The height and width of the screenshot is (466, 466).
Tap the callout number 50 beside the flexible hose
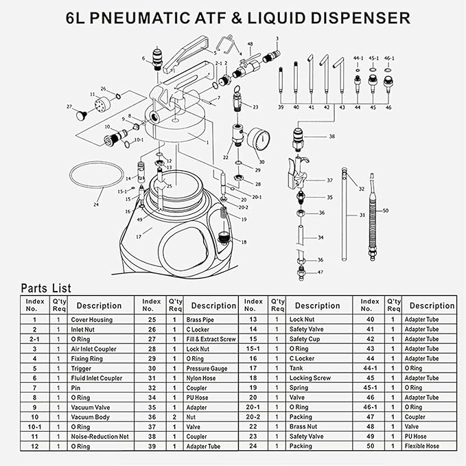[385, 210]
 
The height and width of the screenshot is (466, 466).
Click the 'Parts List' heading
[45, 288]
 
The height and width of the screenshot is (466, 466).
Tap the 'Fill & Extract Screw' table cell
[211, 339]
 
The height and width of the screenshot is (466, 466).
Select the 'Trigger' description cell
[82, 368]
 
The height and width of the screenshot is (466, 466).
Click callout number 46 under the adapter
[388, 108]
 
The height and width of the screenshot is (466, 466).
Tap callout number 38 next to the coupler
[332, 137]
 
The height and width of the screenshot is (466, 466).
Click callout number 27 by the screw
[69, 106]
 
